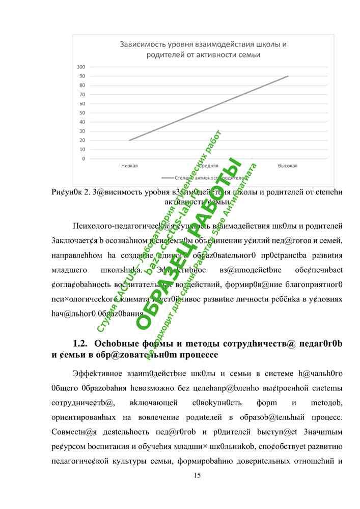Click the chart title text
coord(203,49)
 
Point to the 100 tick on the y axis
coord(80,67)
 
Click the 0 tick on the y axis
coord(82,159)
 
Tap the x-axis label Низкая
coord(129,166)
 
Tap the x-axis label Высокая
coord(288,166)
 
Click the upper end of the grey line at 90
coord(288,76)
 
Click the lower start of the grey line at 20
coord(129,140)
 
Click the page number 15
coord(198,475)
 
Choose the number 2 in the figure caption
coord(87,192)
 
